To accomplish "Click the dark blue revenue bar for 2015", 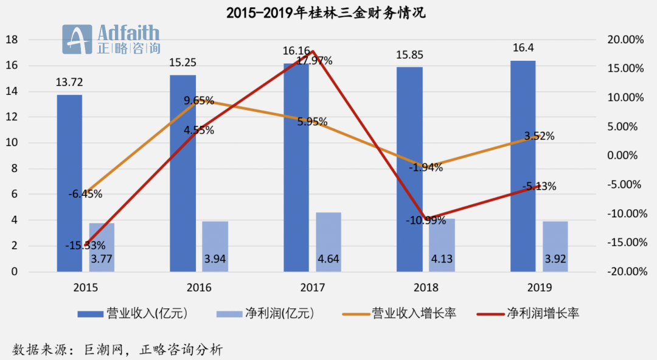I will pos(69,182).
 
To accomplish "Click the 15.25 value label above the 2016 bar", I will pos(182,62).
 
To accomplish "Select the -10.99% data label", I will pos(426,220).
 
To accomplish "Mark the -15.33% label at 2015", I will pos(85,246).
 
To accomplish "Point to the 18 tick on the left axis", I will pos(11,40).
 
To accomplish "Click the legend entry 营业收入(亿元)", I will pos(140,314).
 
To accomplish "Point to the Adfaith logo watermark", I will pos(113,40).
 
